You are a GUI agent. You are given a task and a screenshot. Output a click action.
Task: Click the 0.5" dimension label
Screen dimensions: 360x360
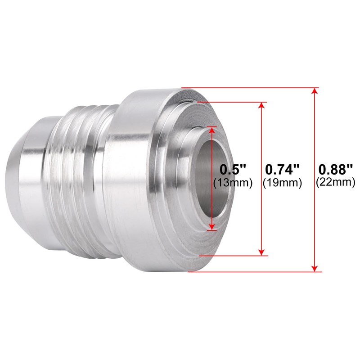click(233, 170)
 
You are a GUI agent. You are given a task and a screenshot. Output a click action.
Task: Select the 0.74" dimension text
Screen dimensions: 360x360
click(283, 170)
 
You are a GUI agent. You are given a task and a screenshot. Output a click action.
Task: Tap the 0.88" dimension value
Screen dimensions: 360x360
click(335, 170)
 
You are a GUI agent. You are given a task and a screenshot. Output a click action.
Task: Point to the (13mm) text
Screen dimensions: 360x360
click(233, 183)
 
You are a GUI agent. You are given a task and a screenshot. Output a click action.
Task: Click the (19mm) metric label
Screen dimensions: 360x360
click(283, 183)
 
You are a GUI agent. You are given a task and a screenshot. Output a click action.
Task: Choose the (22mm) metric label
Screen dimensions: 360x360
click(335, 183)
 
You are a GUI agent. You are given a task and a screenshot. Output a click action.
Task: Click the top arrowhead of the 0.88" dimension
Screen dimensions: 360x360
click(315, 91)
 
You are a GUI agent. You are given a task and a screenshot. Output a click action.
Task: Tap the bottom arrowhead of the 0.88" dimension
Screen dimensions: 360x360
click(315, 269)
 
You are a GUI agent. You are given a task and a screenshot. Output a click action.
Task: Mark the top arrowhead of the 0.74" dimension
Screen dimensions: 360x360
click(261, 105)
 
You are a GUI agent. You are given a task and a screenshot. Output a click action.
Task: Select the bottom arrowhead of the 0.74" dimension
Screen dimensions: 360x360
click(261, 252)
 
